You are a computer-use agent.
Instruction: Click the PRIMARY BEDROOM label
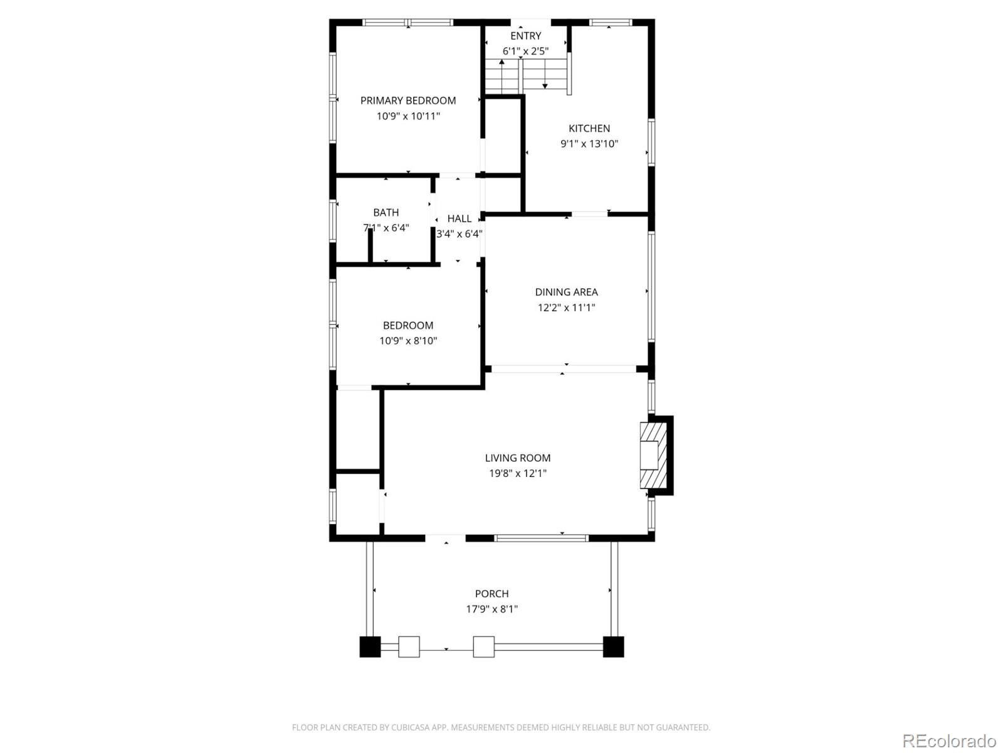tap(407, 100)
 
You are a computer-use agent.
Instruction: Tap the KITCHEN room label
tap(589, 128)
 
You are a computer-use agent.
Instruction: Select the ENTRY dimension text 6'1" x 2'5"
tap(525, 51)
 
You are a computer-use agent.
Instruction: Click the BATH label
tap(386, 212)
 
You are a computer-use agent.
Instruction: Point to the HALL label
tap(459, 218)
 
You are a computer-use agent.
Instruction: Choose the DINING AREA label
tap(566, 292)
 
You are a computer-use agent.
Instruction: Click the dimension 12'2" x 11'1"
tap(566, 307)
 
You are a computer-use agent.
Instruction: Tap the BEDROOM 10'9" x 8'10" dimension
tap(407, 341)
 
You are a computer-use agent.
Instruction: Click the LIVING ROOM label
tap(517, 458)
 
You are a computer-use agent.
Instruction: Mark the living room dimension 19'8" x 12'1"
tap(517, 474)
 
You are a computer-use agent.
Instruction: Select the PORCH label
tap(491, 594)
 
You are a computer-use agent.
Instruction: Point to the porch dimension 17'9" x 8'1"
tap(491, 609)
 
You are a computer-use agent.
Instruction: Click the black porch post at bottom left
tap(370, 647)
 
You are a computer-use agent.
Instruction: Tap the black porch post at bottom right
tap(613, 647)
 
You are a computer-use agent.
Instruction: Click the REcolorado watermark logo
tap(948, 740)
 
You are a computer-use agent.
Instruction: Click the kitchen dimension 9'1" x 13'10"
tap(589, 144)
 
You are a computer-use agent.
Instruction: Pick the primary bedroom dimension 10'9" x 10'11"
tap(407, 116)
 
